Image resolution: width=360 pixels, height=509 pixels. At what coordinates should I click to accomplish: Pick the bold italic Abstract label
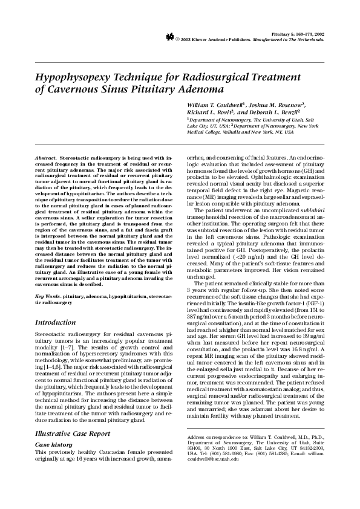[x=47, y=157]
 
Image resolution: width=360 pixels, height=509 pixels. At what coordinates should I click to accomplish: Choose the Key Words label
[x=48, y=297]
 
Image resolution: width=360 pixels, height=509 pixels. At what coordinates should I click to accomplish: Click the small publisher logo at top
[x=170, y=37]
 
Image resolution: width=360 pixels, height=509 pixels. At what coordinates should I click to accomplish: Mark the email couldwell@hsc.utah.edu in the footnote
[x=218, y=459]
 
